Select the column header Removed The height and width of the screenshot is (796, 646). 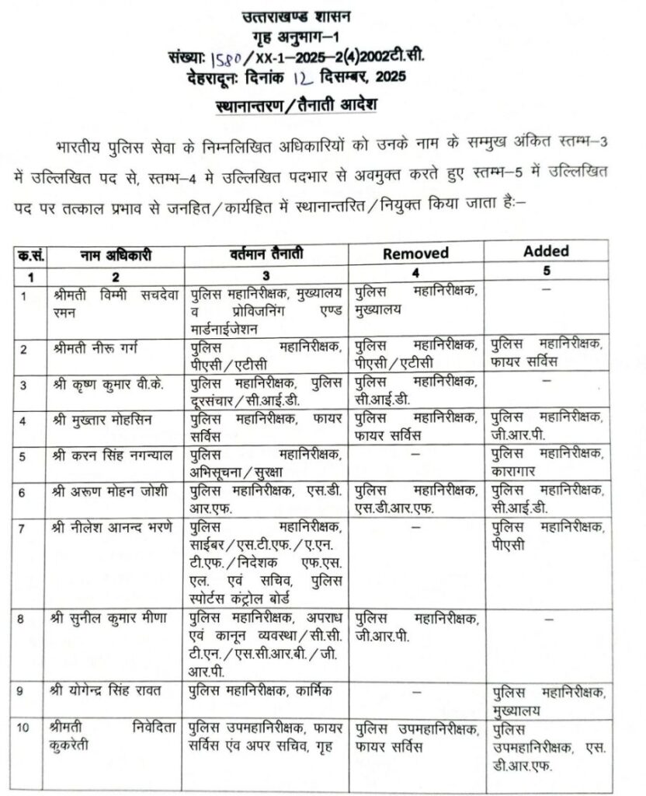(415, 253)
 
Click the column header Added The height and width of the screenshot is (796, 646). (546, 251)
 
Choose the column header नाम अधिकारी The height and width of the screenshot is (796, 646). (114, 254)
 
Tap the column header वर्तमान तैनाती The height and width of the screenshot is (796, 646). (265, 254)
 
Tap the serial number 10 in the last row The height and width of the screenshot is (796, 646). (26, 728)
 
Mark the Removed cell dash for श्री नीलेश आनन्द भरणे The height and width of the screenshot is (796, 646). (415, 527)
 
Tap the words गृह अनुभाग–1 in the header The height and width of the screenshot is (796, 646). (294, 39)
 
